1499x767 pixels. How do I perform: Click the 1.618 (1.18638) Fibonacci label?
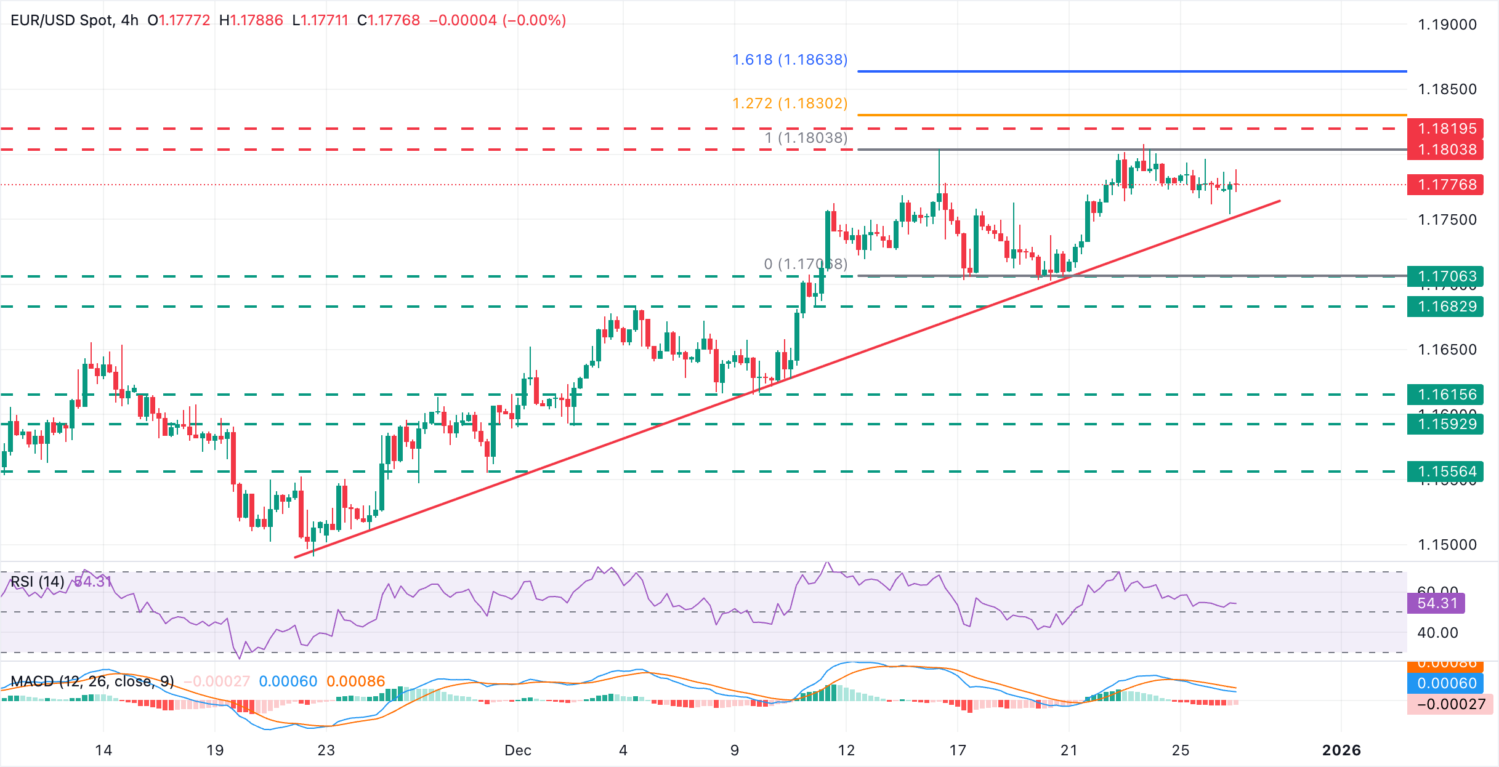tap(790, 60)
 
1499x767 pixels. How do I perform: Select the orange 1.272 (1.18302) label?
tap(790, 103)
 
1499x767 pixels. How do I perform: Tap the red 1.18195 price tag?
tap(1447, 129)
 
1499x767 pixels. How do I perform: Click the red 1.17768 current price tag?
tap(1447, 185)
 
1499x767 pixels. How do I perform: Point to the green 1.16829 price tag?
tap(1447, 307)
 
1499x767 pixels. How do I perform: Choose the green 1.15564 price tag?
tap(1447, 472)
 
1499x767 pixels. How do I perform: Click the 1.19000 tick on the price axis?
tap(1447, 25)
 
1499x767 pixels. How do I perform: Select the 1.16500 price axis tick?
tap(1447, 350)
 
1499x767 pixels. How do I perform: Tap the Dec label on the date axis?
tap(517, 750)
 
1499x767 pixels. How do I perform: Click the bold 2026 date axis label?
tap(1341, 750)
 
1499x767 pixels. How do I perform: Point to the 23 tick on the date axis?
tap(326, 750)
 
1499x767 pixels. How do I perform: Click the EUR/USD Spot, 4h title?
tap(75, 20)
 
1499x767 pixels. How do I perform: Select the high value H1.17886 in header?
tap(251, 20)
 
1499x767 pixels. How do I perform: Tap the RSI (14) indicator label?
tap(37, 582)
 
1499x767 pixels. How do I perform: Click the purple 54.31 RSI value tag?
tap(1437, 603)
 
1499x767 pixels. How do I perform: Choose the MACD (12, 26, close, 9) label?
tap(92, 681)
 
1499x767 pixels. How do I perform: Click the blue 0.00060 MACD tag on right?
tap(1447, 683)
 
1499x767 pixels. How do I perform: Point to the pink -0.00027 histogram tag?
tap(1450, 704)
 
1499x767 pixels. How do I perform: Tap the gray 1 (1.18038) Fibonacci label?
tap(806, 138)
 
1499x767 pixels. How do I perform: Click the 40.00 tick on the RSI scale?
tap(1437, 633)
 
